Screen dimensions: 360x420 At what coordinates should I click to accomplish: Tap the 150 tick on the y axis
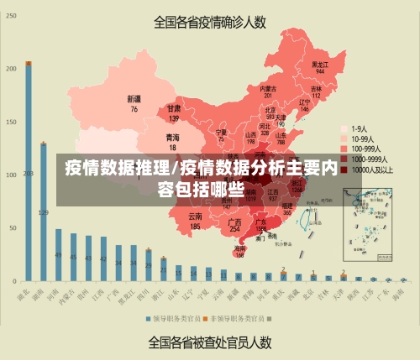pyautogui.click(x=12, y=122)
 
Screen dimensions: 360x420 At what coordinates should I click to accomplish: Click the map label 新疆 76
pyautogui.click(x=134, y=103)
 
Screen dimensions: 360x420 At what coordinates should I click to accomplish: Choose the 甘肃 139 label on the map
pyautogui.click(x=174, y=112)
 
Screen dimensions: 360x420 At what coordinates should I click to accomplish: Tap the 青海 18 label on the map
pyautogui.click(x=172, y=141)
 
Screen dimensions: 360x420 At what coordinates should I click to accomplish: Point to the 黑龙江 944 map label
pyautogui.click(x=319, y=66)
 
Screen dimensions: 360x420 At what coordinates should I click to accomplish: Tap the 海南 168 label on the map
pyautogui.click(x=240, y=250)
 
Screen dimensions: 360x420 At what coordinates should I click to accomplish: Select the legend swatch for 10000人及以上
pyautogui.click(x=344, y=170)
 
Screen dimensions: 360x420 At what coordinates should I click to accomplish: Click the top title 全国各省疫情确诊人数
pyautogui.click(x=210, y=23)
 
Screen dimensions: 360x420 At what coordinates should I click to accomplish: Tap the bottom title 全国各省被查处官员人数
pyautogui.click(x=210, y=342)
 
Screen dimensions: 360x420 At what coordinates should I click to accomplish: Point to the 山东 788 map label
pyautogui.click(x=281, y=136)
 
